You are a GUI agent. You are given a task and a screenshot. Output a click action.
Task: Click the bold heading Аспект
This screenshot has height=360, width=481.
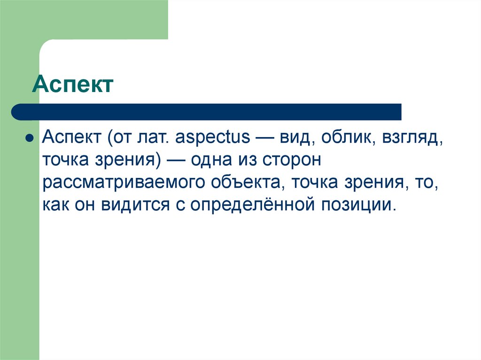(72, 85)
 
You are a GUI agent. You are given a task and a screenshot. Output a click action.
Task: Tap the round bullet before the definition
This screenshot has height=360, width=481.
(29, 139)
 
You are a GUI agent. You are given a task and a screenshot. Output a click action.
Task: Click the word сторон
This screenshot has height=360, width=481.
(293, 161)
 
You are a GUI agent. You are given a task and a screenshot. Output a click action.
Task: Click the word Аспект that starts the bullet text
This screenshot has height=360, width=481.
(70, 138)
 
